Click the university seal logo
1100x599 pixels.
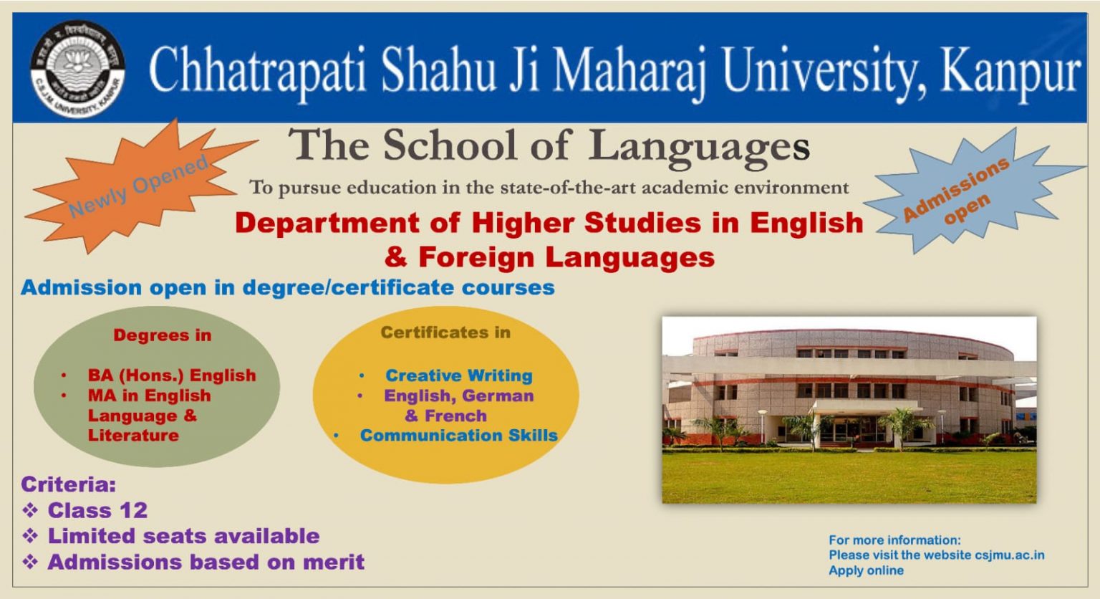(77, 68)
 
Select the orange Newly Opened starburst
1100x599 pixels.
(139, 186)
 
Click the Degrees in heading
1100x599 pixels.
(163, 335)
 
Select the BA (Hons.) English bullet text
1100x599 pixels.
(172, 375)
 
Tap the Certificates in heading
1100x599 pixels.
(445, 332)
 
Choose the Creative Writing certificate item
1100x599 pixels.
(459, 376)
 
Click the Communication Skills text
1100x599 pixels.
(459, 436)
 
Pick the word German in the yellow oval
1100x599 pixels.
(498, 396)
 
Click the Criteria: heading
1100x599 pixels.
(69, 485)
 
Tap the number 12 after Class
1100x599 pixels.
(134, 511)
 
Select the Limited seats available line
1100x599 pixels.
(183, 536)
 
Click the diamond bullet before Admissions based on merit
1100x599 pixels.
(31, 562)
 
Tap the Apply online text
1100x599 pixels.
(867, 570)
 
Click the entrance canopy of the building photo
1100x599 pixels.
(866, 406)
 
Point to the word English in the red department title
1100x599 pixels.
(806, 224)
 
